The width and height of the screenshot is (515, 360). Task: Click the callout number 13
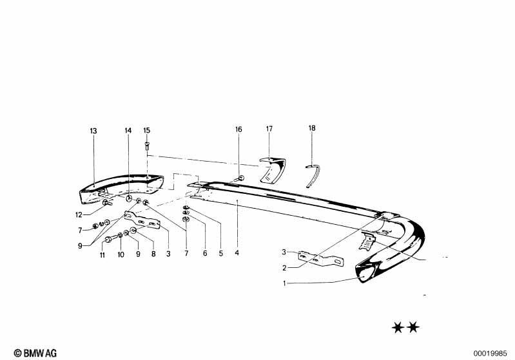point(93,131)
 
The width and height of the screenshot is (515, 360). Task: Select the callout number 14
point(128,131)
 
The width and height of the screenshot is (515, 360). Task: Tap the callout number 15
point(147,130)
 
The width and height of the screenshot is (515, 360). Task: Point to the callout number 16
point(238,129)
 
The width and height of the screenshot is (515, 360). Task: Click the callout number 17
point(269,129)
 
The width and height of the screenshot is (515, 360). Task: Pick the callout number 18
point(312,128)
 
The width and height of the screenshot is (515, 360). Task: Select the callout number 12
point(79,215)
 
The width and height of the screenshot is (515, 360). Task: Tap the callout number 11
point(102,255)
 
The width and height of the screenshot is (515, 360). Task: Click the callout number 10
point(121,254)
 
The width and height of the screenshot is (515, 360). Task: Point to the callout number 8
point(153,254)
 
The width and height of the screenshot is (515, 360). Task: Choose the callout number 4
point(237,252)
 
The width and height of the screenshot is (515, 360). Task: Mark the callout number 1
point(285,283)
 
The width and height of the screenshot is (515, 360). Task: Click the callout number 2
point(284,268)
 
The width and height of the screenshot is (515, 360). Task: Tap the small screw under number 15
point(147,146)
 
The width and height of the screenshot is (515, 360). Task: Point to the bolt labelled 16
point(240,179)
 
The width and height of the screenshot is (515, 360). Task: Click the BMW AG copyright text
point(35,353)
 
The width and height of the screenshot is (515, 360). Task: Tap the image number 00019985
point(490,354)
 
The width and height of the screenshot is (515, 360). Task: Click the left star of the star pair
point(398,327)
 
